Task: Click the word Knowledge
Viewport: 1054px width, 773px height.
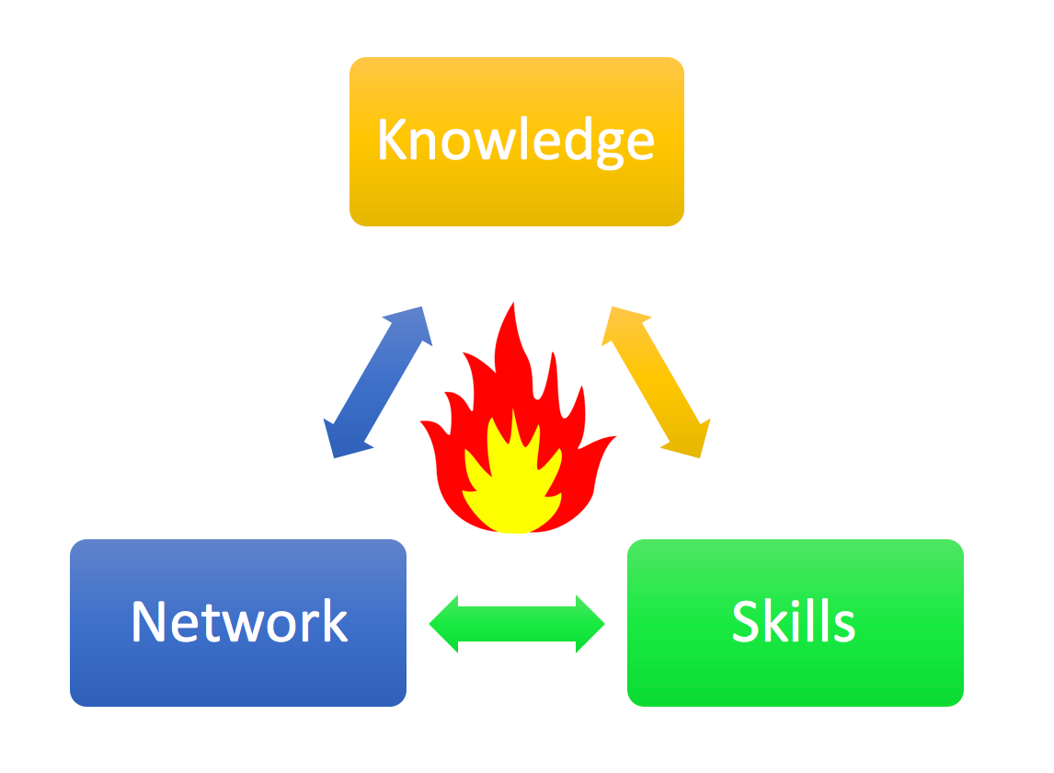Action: tap(516, 141)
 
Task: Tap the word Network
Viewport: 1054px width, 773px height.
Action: tap(239, 622)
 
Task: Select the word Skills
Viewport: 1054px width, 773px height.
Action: tap(794, 622)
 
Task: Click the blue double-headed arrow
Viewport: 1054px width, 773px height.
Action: tap(378, 382)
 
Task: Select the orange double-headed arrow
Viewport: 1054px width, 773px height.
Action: tap(656, 382)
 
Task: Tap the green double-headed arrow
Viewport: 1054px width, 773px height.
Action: tap(517, 624)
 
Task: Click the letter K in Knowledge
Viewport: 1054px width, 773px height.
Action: tap(392, 140)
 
